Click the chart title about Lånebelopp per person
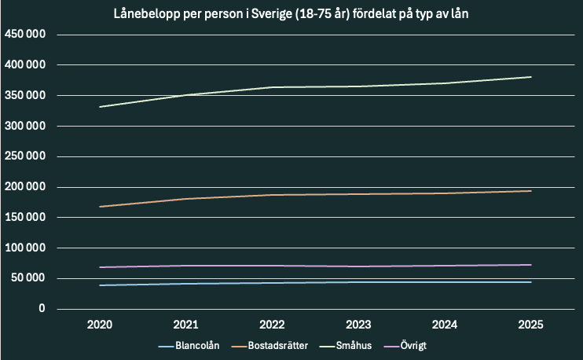point(291,14)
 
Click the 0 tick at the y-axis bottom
point(42,309)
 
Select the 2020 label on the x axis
point(99,325)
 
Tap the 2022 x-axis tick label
point(272,325)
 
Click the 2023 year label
point(358,325)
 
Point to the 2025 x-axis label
point(531,325)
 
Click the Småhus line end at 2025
point(531,77)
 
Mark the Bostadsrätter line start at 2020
point(99,207)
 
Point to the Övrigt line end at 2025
point(531,265)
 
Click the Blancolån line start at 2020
point(99,285)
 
